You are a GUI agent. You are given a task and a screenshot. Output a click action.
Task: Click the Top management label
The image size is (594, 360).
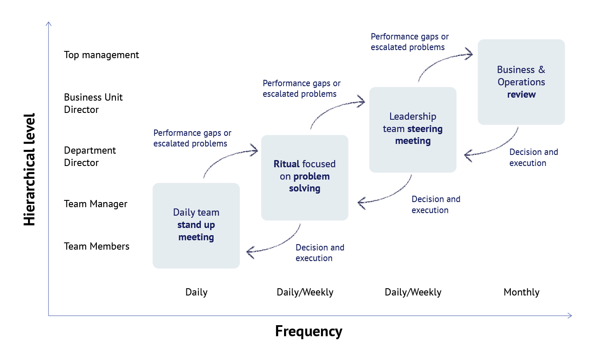(x=101, y=55)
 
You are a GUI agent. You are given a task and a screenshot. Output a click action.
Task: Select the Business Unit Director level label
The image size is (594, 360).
(x=93, y=103)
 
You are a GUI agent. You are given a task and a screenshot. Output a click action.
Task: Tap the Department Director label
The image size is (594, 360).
(x=90, y=156)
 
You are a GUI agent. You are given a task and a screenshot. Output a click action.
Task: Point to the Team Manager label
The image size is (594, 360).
(x=96, y=204)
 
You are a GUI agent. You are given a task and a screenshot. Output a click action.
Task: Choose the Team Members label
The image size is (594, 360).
(x=96, y=246)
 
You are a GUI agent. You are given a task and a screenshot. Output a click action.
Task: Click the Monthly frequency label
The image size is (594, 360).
(x=521, y=292)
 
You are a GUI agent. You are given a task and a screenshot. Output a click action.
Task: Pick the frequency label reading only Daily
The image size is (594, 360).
(x=196, y=292)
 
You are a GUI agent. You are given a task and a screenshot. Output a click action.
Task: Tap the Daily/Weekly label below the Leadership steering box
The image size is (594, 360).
(x=413, y=292)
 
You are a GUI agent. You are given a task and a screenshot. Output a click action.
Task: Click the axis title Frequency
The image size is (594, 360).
(x=309, y=331)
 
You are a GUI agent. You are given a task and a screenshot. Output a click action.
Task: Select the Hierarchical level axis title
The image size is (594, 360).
(x=29, y=169)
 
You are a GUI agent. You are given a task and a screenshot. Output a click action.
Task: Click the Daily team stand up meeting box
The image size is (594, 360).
(x=196, y=225)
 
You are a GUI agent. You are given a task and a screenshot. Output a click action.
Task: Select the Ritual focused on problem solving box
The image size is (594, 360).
(x=304, y=177)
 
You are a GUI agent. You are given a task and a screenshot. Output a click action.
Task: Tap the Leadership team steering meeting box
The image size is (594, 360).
(x=413, y=129)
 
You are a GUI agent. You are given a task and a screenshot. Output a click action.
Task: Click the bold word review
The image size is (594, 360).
(x=521, y=94)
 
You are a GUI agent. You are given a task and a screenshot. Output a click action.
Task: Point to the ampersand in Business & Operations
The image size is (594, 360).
(x=541, y=70)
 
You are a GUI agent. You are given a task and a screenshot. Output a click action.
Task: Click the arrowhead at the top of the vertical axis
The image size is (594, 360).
(x=48, y=24)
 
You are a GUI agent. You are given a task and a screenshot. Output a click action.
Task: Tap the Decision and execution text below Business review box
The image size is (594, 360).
(x=533, y=157)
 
